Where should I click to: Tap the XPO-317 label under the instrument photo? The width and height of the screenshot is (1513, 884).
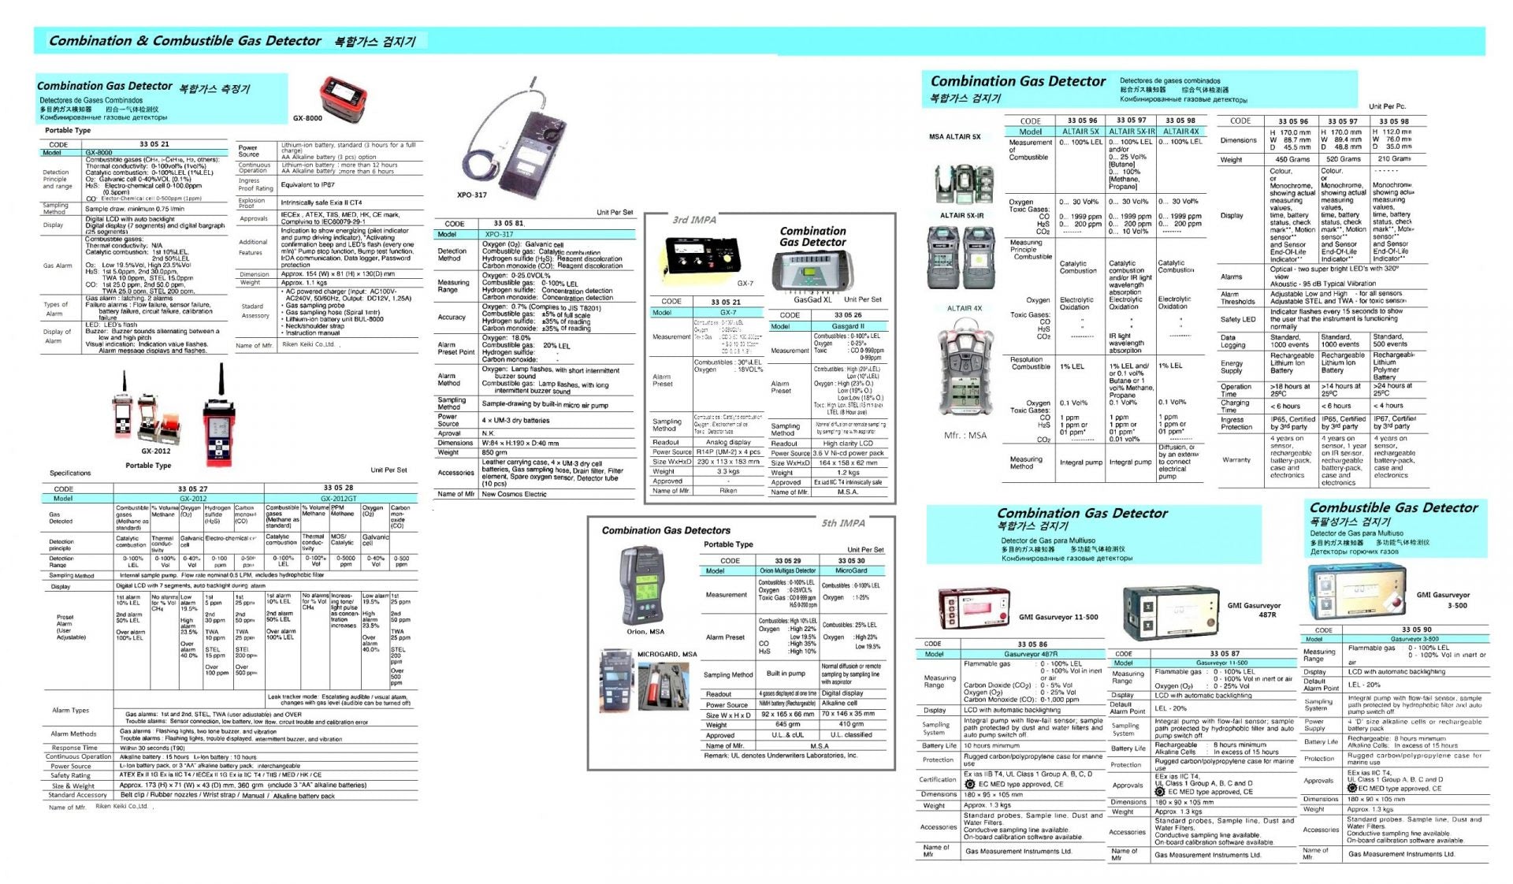[472, 195]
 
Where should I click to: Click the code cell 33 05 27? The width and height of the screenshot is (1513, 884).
[192, 488]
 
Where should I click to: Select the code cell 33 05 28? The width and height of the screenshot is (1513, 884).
[338, 488]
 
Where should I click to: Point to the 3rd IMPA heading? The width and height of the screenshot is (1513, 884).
[693, 220]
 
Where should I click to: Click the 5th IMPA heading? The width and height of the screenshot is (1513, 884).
[843, 523]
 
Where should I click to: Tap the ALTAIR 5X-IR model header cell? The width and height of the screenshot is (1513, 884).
[1131, 132]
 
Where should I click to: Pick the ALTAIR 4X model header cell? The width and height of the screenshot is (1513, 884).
[1180, 132]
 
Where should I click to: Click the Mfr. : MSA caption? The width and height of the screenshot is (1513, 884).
[965, 435]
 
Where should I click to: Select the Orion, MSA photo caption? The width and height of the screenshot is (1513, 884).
[645, 632]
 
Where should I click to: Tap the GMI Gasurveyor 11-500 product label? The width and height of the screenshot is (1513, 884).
[1058, 617]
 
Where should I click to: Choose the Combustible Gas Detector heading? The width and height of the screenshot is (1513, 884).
[1393, 508]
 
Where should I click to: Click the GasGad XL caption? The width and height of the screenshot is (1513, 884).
[812, 299]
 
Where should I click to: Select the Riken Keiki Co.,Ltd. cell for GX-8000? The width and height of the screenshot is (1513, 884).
[308, 344]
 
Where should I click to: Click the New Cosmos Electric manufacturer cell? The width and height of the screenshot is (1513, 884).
[514, 494]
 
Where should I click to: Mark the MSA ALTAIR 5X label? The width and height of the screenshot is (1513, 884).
[954, 137]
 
